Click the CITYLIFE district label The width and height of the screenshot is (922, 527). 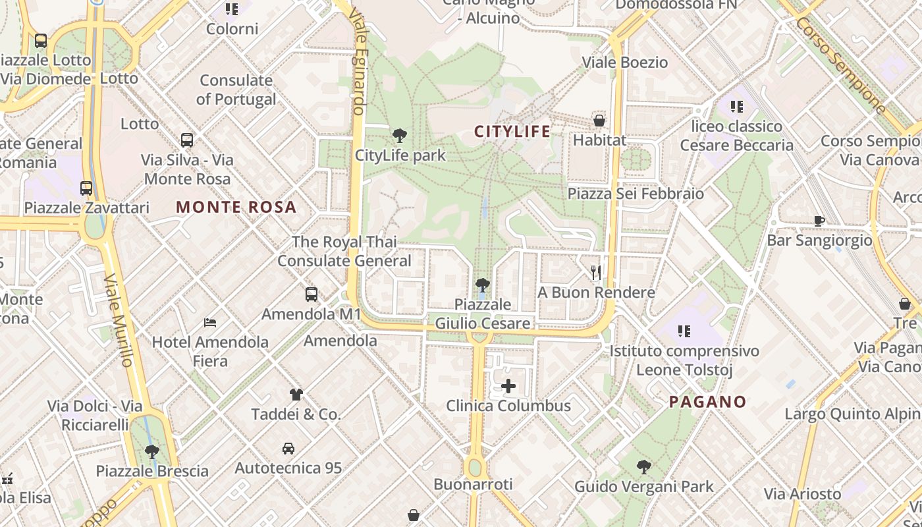[x=512, y=132]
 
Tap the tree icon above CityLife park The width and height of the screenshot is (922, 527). [x=399, y=136]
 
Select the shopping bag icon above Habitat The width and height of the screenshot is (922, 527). [x=599, y=121]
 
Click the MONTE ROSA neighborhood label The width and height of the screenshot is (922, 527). [x=236, y=208]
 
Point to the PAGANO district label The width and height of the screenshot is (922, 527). [x=708, y=402]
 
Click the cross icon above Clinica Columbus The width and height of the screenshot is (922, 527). [x=508, y=386]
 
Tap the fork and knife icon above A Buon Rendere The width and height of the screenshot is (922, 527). [x=596, y=272]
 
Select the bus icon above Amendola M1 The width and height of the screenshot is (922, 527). [x=312, y=294]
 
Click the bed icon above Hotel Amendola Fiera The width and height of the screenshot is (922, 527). [x=210, y=322]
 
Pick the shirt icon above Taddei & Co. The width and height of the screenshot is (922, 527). [x=296, y=395]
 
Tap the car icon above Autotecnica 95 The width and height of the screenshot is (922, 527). [x=288, y=449]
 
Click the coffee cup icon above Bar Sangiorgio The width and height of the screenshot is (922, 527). [x=819, y=221]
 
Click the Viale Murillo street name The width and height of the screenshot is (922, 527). [x=119, y=319]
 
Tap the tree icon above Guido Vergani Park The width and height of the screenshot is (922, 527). [x=644, y=467]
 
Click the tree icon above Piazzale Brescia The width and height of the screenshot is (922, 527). [x=152, y=452]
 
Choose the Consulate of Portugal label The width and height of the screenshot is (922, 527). [x=236, y=90]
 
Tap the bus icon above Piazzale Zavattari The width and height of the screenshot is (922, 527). [x=86, y=188]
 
